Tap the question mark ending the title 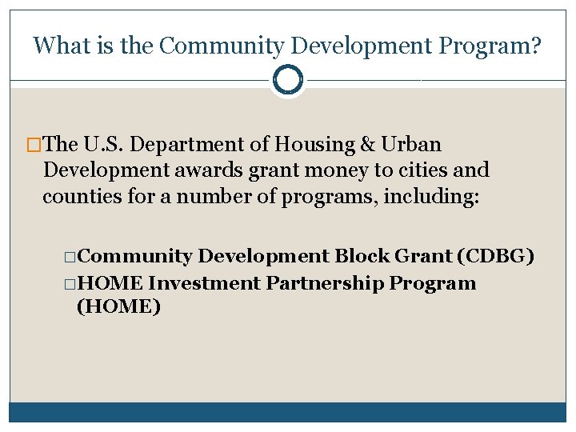pyautogui.click(x=535, y=46)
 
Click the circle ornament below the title pyautogui.click(x=288, y=80)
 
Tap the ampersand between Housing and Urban pyautogui.click(x=368, y=145)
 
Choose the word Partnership pyautogui.click(x=327, y=283)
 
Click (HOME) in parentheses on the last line pyautogui.click(x=118, y=306)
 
